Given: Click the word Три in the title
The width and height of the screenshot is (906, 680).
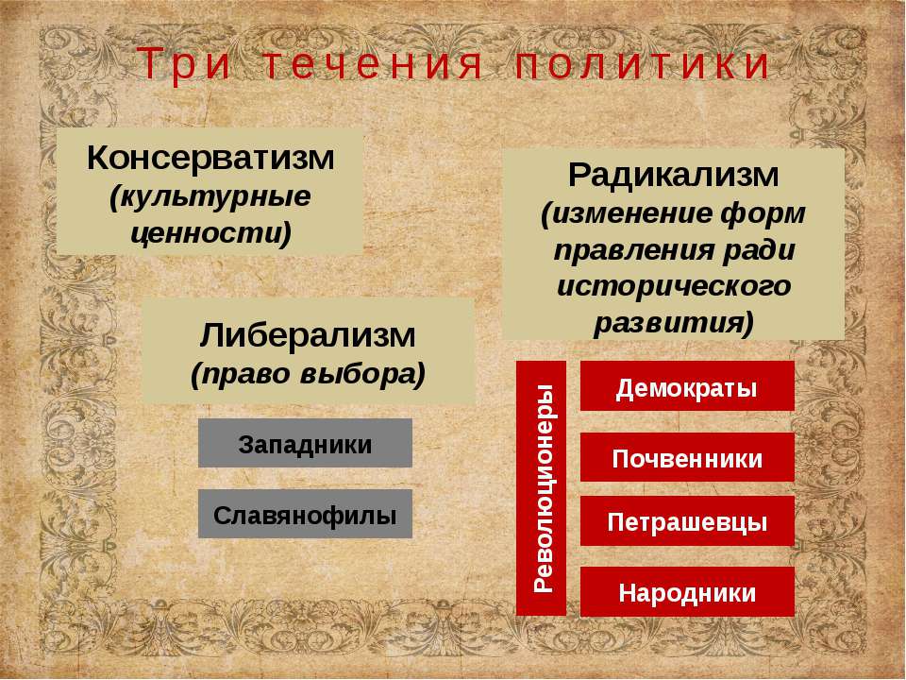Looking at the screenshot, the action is [184, 64].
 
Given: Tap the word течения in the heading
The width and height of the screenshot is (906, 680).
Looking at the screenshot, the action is [374, 64].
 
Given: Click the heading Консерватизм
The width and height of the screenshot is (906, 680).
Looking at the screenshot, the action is [210, 158].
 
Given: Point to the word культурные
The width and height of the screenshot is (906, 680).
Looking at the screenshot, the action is [210, 197].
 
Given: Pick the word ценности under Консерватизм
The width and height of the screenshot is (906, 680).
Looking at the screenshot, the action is [209, 232].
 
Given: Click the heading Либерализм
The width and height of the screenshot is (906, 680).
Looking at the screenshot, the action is [308, 335].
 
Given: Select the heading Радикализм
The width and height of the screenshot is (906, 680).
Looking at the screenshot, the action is [674, 175].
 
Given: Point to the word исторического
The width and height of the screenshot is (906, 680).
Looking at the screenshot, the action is [674, 286].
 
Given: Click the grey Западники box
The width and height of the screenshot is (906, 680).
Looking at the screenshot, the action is [305, 443].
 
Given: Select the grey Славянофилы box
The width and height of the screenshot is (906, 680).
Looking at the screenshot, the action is [305, 514].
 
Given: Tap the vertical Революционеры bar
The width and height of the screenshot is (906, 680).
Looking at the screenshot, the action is [542, 488].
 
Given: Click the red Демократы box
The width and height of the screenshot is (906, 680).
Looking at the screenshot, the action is [687, 386].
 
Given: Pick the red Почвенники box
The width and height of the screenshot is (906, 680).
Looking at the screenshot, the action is [687, 457].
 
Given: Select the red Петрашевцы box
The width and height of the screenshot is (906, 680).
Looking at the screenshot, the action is [687, 521].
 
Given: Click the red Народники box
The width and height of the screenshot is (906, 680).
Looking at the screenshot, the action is [687, 591].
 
